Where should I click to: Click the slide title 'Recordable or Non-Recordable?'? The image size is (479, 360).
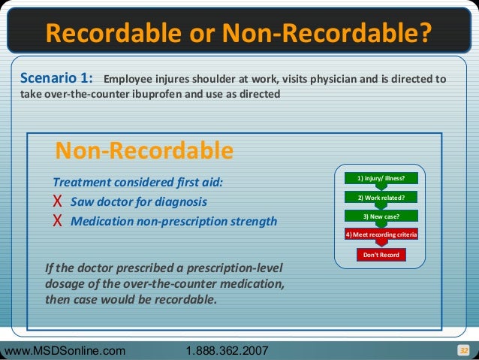(x=239, y=32)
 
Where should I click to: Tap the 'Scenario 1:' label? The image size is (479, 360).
(x=56, y=77)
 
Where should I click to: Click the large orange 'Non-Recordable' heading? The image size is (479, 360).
(x=144, y=151)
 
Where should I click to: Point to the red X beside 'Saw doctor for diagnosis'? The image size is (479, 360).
(x=57, y=203)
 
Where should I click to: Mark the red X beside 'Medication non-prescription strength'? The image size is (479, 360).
(x=57, y=222)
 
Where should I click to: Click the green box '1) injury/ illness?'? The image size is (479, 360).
(x=381, y=178)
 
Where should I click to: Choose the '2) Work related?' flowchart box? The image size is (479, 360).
(x=381, y=198)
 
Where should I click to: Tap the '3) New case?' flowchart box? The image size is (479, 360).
(x=381, y=216)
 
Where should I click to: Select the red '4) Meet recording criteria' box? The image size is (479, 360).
(x=381, y=235)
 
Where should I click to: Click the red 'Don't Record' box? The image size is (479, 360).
(x=381, y=255)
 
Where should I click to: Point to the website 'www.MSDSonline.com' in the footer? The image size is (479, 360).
(x=66, y=351)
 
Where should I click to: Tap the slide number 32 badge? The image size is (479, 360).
(x=463, y=350)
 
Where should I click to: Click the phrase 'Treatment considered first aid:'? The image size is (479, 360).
(x=137, y=183)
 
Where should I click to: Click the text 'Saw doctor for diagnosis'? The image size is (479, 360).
(x=139, y=203)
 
